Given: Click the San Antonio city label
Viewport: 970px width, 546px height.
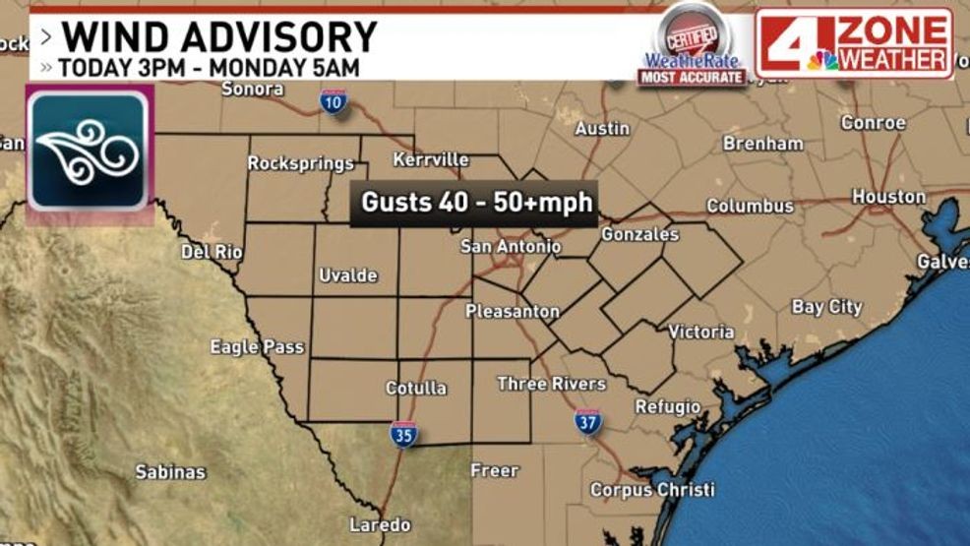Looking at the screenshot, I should (511, 246).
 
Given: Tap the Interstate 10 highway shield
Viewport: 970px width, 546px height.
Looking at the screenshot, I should (334, 100).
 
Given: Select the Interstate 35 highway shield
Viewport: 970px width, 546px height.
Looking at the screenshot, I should (402, 434).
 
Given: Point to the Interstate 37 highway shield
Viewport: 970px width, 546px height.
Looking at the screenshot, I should (587, 420).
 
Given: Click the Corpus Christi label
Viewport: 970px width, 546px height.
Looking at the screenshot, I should (652, 489).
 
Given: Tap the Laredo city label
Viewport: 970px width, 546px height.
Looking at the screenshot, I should (380, 524).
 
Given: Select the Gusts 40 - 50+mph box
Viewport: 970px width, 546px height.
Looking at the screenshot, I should (476, 203).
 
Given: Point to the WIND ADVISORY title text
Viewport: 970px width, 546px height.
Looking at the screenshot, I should (219, 37).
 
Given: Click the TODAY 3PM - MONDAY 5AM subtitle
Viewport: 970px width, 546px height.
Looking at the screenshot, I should (208, 69).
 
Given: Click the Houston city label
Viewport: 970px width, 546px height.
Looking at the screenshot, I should (888, 197).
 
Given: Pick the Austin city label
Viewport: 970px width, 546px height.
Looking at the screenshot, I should (602, 129).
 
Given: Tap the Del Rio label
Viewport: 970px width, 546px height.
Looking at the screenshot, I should (212, 252).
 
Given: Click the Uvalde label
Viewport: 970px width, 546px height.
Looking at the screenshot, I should (348, 275).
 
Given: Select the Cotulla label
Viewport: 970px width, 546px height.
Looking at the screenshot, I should (415, 388).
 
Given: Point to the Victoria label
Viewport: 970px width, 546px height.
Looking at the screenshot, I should (700, 332).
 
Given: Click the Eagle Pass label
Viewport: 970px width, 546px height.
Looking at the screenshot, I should (257, 347).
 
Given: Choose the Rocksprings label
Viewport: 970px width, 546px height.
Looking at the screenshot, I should (300, 163).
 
